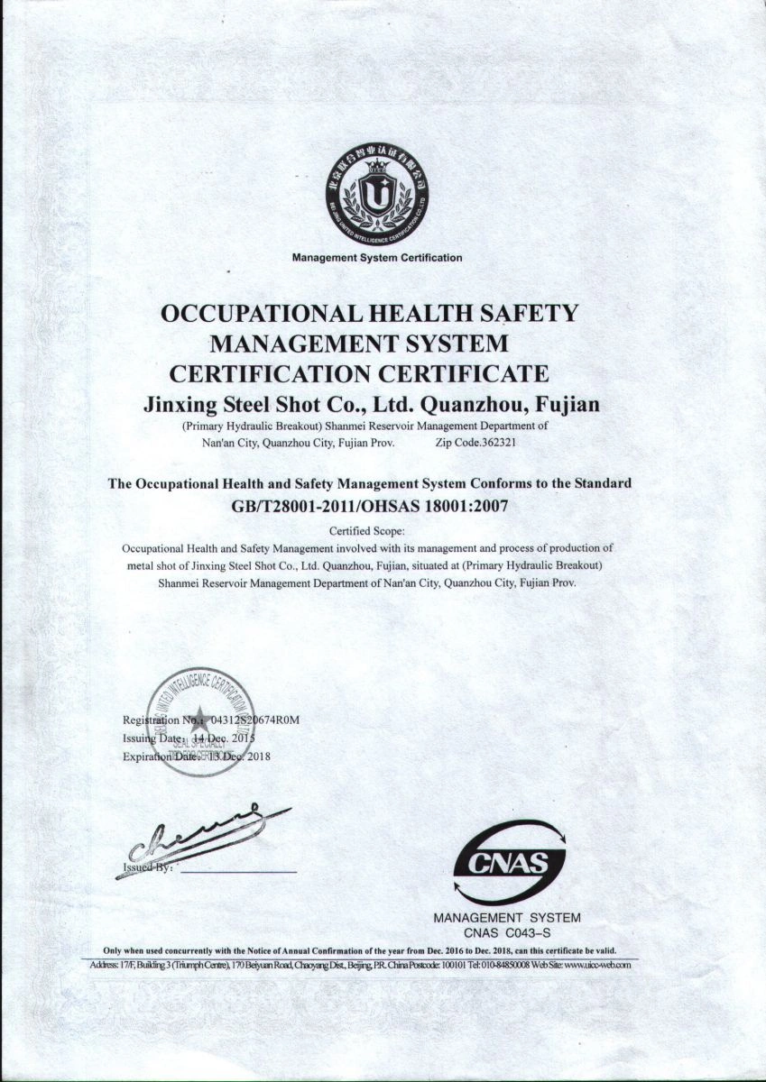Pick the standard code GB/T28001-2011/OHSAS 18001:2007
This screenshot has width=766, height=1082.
point(370,506)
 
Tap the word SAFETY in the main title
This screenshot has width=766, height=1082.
point(531,314)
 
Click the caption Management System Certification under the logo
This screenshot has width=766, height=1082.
point(377,258)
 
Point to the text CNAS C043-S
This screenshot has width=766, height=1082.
point(507,932)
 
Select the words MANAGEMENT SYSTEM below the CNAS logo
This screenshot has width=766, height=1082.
point(507,918)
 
